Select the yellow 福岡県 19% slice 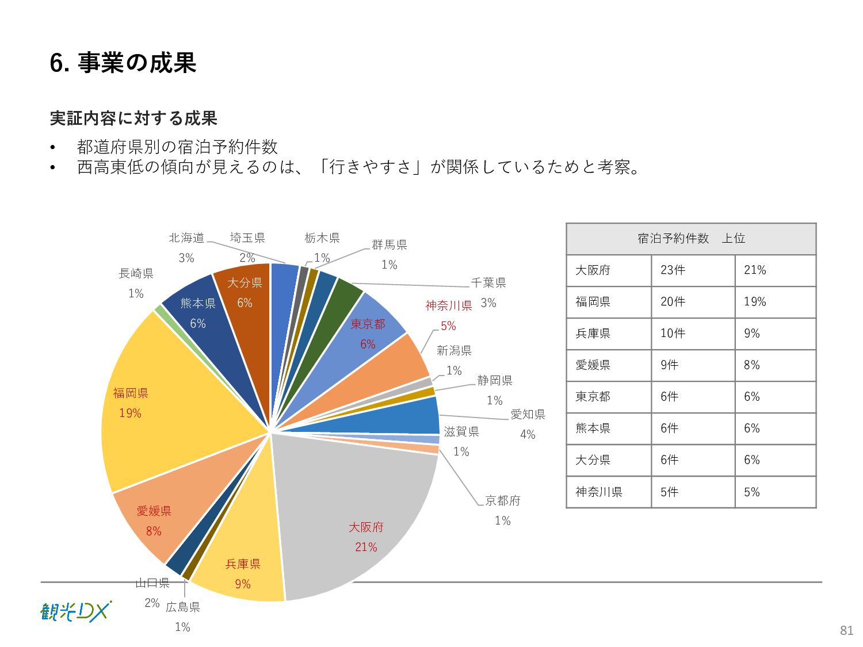coord(173,403)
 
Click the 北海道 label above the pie coord(186,238)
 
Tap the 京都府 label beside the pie coord(502,500)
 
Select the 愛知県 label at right coord(528,415)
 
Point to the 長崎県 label coord(136,274)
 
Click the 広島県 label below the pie coord(182,607)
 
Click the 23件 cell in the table coord(673,270)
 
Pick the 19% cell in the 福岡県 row coord(755,302)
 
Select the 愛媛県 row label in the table coord(593,365)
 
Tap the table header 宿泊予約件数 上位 coord(691,239)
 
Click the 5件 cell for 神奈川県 coord(670,492)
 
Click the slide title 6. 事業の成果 coord(123,63)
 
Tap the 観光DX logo coord(75,611)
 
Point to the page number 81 coord(846,630)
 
